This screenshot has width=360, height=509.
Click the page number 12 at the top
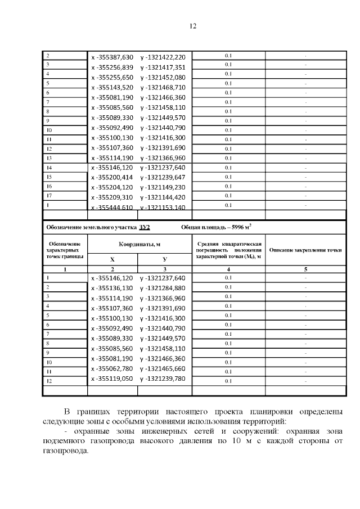(192, 26)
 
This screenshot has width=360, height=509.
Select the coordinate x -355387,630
(112, 57)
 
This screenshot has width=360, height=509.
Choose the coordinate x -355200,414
(112, 177)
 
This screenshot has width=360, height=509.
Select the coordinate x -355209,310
(112, 197)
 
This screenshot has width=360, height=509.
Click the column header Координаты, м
(139, 245)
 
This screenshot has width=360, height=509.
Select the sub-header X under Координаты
(111, 259)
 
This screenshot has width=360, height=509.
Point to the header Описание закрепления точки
(305, 249)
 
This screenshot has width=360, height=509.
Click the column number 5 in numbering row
(305, 269)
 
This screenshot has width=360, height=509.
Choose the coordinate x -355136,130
(112, 288)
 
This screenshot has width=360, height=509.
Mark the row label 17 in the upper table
(48, 196)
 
